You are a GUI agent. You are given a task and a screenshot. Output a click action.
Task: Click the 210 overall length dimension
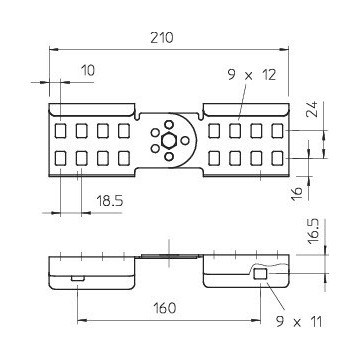(x=162, y=38)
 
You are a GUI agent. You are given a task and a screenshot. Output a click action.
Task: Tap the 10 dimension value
(x=88, y=70)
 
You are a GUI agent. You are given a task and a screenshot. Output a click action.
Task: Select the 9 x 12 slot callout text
(x=252, y=75)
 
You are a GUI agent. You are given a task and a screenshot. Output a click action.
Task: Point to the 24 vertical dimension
(x=313, y=108)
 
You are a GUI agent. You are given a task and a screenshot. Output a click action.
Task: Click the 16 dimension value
(x=297, y=194)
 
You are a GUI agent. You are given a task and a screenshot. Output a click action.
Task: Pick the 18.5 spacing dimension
(x=110, y=201)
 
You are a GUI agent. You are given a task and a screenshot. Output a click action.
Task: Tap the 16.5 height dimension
(x=314, y=231)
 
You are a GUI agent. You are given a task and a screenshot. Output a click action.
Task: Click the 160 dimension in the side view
(x=164, y=308)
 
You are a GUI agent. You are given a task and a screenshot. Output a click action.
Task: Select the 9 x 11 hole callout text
(x=299, y=322)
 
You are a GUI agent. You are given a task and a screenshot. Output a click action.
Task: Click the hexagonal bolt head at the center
(x=169, y=140)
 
